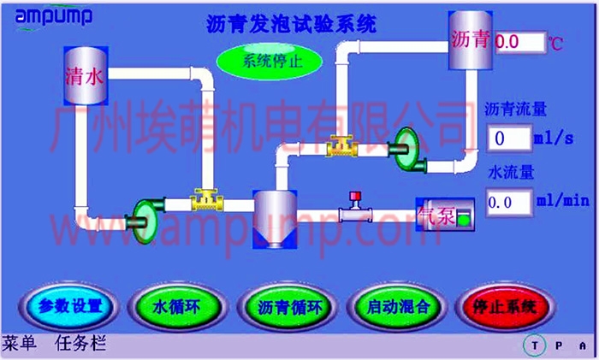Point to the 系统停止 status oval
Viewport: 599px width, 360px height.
click(x=269, y=61)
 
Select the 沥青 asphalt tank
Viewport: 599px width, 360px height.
click(x=470, y=40)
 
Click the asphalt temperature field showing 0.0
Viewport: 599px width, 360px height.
click(x=519, y=41)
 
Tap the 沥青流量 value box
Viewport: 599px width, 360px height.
click(x=508, y=138)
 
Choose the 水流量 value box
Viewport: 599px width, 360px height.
click(x=508, y=202)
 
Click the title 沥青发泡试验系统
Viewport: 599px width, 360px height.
click(x=292, y=24)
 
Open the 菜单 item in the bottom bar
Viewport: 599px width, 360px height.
click(x=19, y=345)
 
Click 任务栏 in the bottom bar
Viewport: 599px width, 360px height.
click(x=80, y=345)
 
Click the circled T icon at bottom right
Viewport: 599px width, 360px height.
click(x=535, y=345)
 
